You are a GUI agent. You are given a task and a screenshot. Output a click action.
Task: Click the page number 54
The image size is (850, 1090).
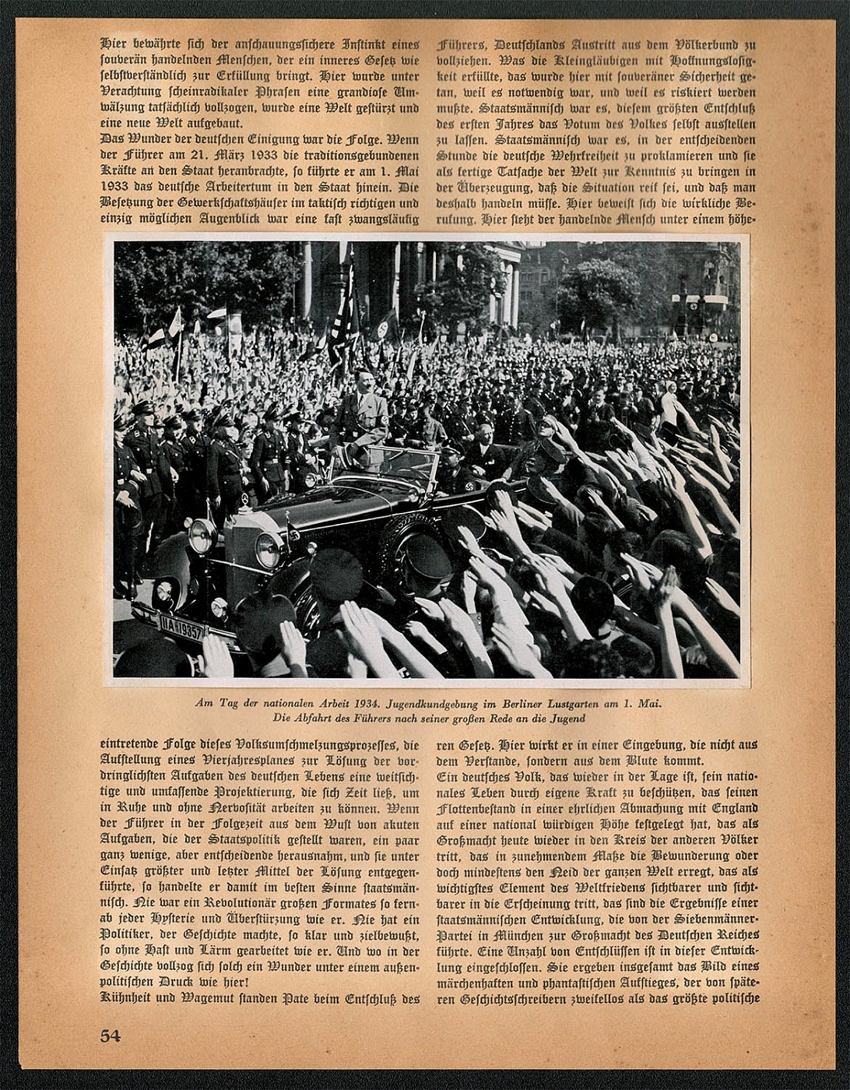click(x=111, y=1035)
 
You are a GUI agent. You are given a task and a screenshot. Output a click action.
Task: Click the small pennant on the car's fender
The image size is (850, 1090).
click(x=293, y=529)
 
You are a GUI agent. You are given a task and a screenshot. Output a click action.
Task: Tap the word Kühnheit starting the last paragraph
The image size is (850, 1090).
click(x=128, y=999)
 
